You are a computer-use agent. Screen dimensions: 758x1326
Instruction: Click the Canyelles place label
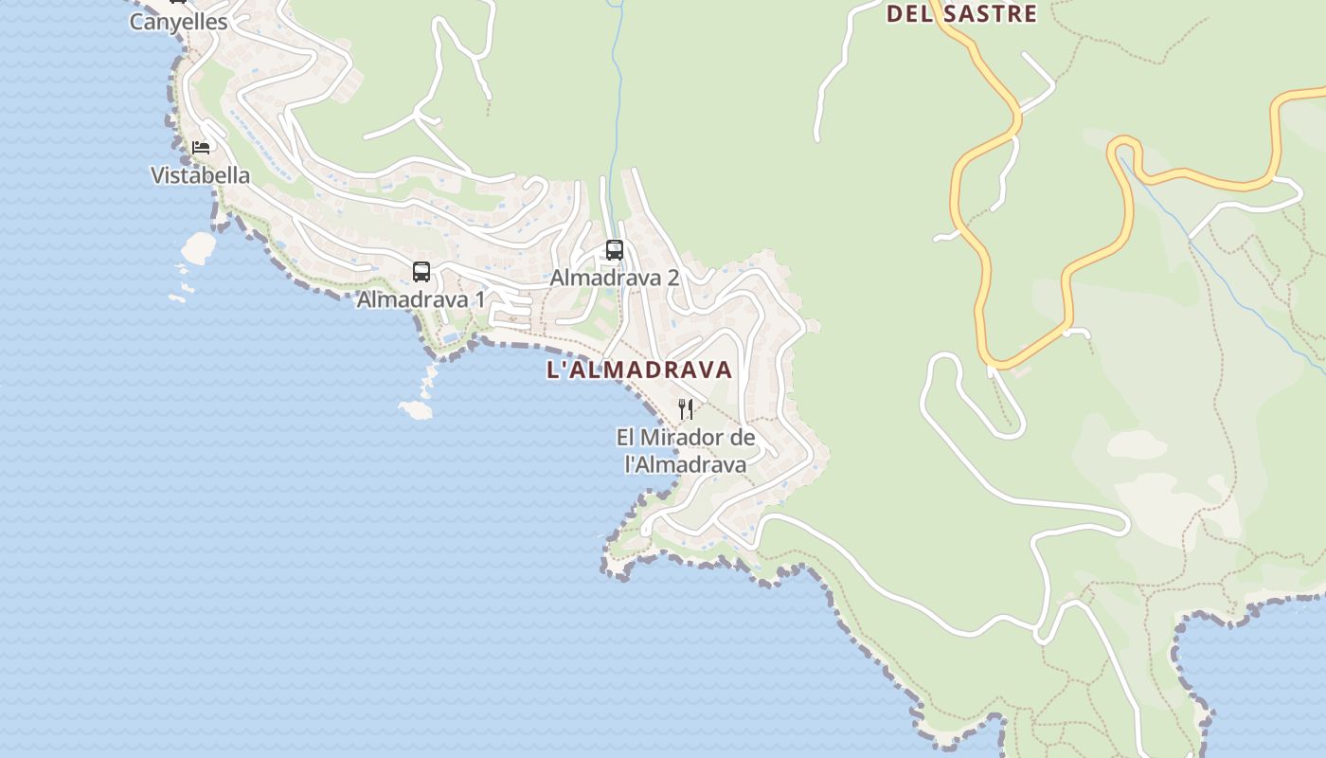click(x=178, y=22)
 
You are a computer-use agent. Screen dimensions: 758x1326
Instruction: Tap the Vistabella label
click(x=201, y=175)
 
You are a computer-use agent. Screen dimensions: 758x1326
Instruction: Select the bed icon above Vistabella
click(x=201, y=147)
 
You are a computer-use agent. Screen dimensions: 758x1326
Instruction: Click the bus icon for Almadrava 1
click(x=421, y=272)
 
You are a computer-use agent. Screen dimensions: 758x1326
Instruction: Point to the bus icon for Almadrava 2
click(x=615, y=250)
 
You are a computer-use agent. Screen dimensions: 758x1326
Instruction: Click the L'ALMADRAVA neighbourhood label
click(x=639, y=370)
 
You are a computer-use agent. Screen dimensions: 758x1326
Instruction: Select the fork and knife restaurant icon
click(x=686, y=409)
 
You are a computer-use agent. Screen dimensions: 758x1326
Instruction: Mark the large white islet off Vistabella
click(x=199, y=247)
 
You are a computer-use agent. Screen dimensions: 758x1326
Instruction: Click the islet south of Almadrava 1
click(x=416, y=409)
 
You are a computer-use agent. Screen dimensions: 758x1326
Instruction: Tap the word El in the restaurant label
click(x=625, y=438)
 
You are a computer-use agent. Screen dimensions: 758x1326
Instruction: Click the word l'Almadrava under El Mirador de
click(x=686, y=464)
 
